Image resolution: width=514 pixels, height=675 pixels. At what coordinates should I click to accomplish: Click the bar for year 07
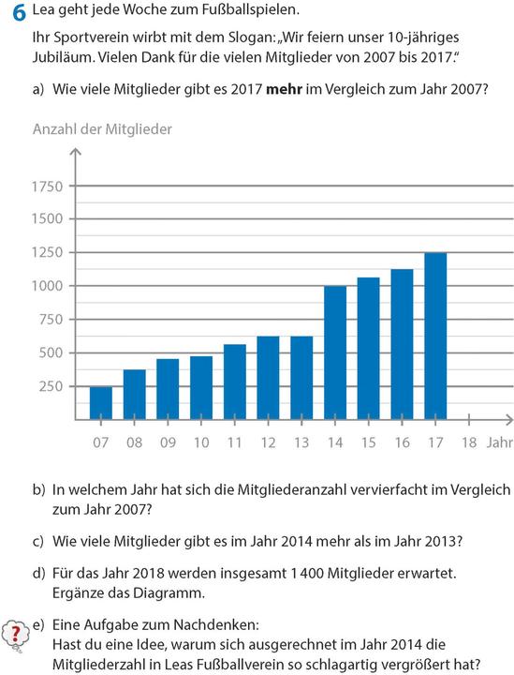(100, 402)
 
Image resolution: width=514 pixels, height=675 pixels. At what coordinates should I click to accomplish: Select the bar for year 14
(334, 352)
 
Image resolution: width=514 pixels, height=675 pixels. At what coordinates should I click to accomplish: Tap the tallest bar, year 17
(434, 335)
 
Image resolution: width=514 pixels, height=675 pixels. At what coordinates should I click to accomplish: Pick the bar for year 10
(200, 387)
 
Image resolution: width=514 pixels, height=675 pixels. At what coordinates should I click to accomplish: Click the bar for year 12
(268, 377)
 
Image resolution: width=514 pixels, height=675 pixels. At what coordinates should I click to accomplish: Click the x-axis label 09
(168, 442)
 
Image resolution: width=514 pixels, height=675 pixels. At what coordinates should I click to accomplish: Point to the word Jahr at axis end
(498, 442)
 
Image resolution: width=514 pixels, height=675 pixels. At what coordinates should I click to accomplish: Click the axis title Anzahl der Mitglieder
(102, 129)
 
